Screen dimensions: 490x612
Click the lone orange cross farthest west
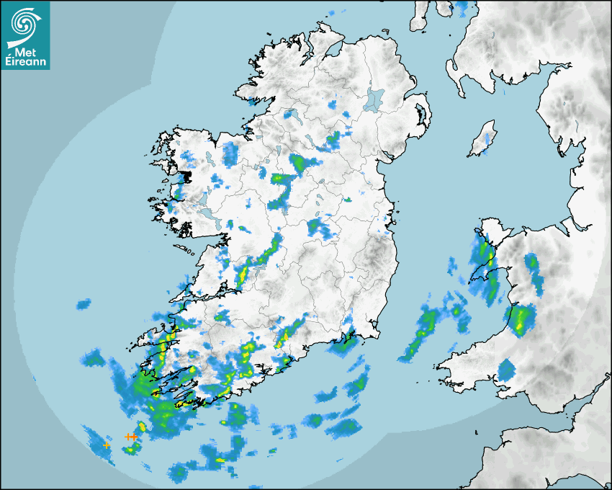[x=107, y=445]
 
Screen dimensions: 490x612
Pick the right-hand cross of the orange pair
[x=134, y=436]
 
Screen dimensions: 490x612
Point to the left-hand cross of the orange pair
[x=127, y=436]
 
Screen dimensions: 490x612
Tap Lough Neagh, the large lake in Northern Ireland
[x=374, y=99]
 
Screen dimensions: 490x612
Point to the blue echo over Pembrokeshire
[x=506, y=370]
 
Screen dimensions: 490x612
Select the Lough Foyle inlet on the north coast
[x=332, y=50]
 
